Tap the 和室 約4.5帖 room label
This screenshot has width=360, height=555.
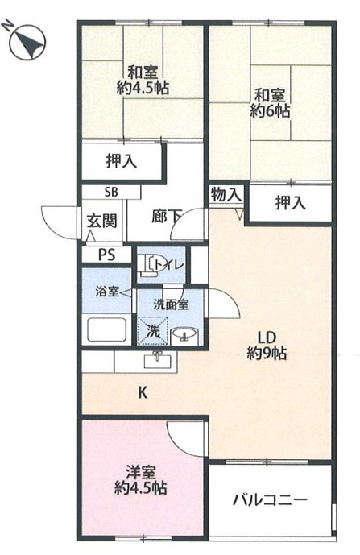[x=143, y=81]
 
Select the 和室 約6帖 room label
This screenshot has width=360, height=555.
[x=270, y=103]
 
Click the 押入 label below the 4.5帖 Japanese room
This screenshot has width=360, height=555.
[x=122, y=161]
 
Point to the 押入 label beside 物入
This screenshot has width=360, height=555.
[x=291, y=203]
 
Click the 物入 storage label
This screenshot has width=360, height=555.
[x=226, y=195]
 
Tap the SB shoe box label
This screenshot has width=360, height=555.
[x=111, y=193]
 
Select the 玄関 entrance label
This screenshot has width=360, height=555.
[x=102, y=222]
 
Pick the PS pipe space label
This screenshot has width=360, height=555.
[x=106, y=255]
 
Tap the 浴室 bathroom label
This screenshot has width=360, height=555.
[x=106, y=292]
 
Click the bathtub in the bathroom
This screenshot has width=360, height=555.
[x=107, y=330]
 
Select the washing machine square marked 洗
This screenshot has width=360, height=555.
[x=152, y=330]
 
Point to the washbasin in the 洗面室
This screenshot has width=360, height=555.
[x=184, y=335]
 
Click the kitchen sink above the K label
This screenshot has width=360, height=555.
[x=157, y=361]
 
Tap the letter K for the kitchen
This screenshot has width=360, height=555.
[x=143, y=392]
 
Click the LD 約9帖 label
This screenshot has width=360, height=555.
[x=267, y=346]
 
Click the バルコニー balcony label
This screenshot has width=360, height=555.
[x=270, y=500]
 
